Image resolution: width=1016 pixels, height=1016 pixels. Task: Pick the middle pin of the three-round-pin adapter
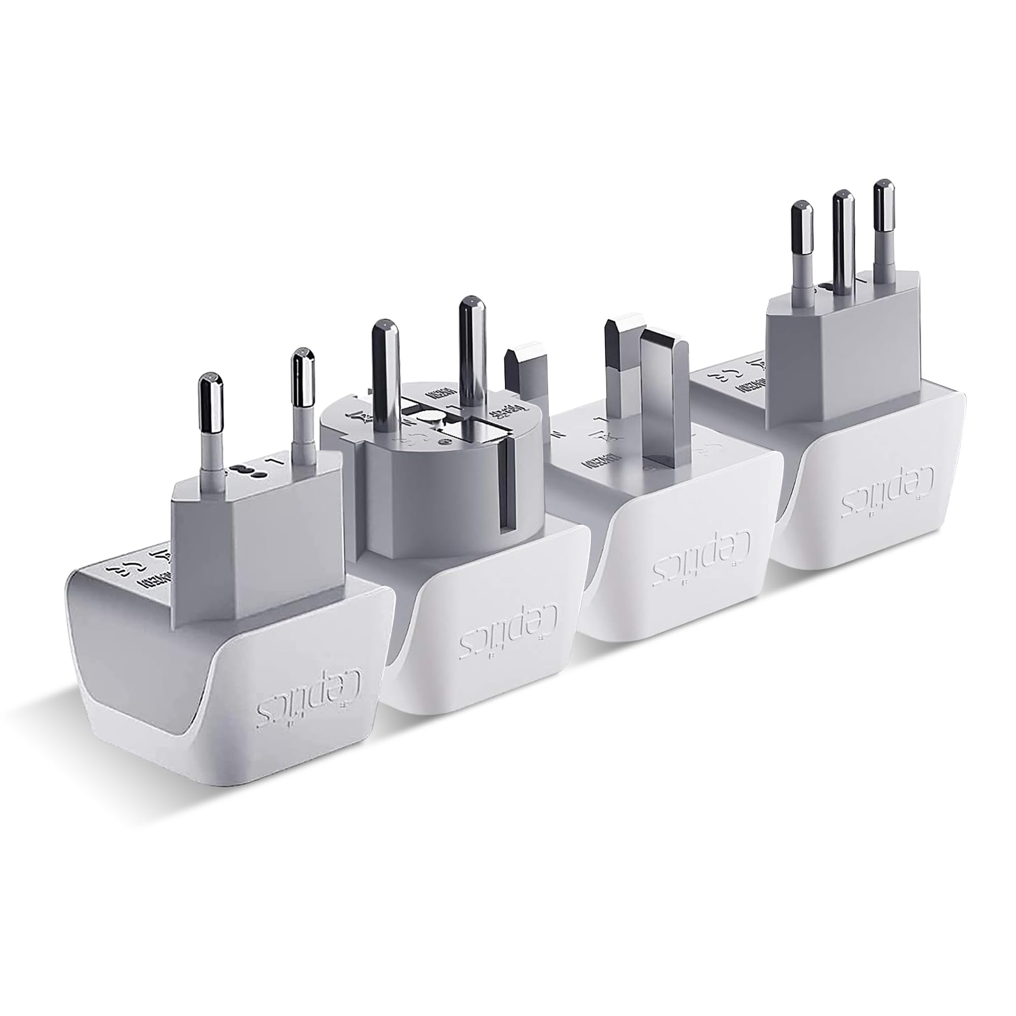click(x=842, y=237)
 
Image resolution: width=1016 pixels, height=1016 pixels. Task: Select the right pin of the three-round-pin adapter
click(x=883, y=226)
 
